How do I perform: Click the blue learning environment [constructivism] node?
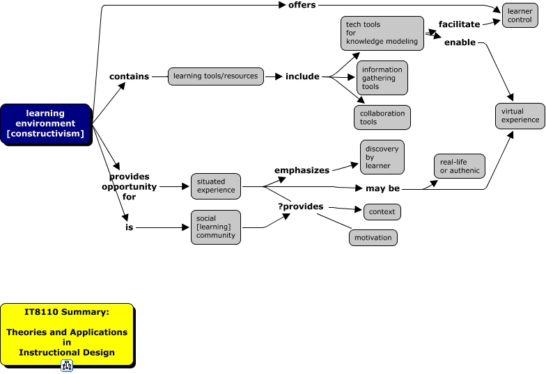(45, 123)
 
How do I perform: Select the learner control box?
(520, 15)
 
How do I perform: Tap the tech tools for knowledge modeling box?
(382, 33)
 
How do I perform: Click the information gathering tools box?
(382, 78)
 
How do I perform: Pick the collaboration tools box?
(382, 117)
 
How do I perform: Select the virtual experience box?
(520, 115)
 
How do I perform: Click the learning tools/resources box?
(215, 76)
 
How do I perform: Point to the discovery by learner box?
(382, 157)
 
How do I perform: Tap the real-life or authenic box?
(460, 166)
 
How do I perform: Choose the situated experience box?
(215, 186)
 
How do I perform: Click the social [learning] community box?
(215, 227)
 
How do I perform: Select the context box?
(382, 211)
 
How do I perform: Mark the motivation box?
(373, 238)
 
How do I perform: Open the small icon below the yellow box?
(67, 366)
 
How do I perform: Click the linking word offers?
(302, 6)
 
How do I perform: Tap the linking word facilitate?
(459, 24)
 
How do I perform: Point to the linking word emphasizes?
(301, 170)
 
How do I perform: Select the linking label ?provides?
(301, 207)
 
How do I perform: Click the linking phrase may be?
(382, 188)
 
